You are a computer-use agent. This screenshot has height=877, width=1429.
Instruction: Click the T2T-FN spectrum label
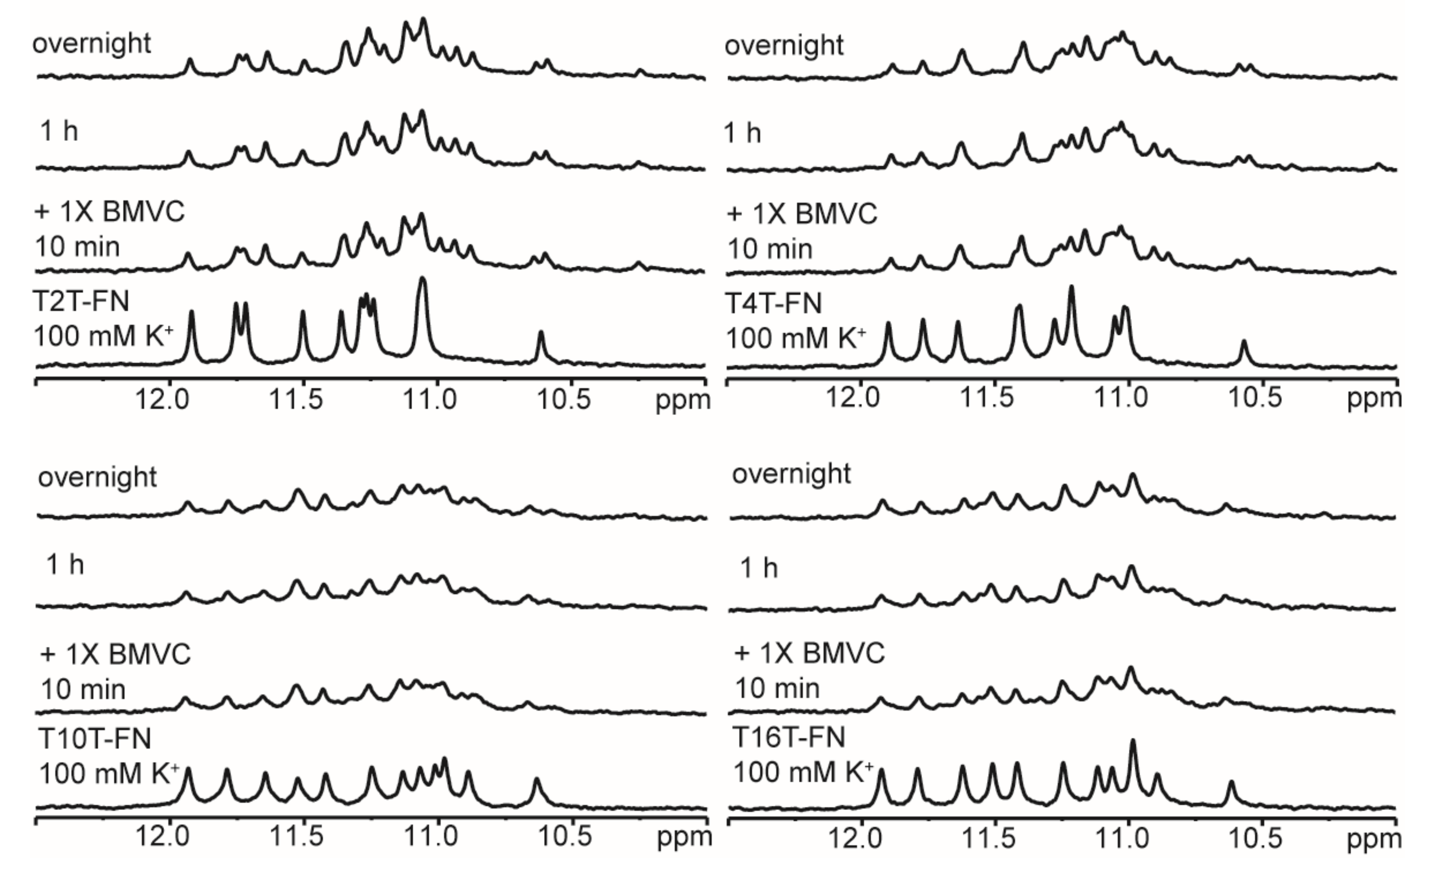81,302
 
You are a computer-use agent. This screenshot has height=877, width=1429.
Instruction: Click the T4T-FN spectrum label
774,304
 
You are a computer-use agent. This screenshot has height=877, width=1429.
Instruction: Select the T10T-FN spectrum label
95,739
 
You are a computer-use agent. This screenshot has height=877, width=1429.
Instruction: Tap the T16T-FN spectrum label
789,738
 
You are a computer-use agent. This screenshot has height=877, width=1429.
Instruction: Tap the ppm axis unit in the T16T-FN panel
1374,838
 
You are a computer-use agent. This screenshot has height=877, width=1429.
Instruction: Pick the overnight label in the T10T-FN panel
97,477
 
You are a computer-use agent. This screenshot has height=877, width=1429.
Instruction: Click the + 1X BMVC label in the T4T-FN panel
802,213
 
